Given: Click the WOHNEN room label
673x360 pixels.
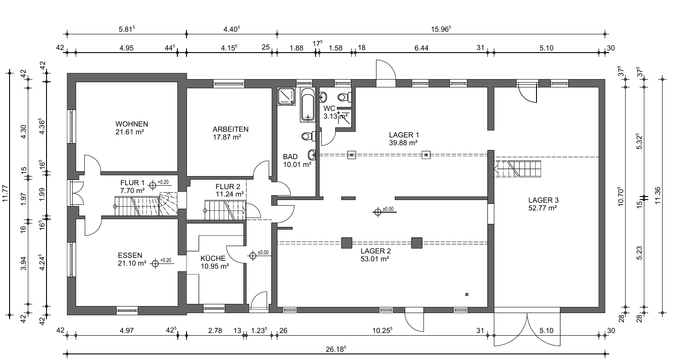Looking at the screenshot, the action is click(x=132, y=124).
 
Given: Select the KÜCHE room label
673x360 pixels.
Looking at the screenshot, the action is click(x=213, y=258).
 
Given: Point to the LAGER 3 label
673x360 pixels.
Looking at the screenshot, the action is click(x=543, y=200).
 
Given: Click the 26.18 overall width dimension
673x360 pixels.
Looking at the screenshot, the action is click(x=336, y=349).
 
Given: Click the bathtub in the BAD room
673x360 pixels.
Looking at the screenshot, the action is click(x=308, y=105).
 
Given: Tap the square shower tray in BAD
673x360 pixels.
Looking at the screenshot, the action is click(x=287, y=96).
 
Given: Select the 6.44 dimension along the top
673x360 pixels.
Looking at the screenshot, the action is click(x=421, y=48).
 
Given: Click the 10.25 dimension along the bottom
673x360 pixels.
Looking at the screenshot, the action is click(x=382, y=330).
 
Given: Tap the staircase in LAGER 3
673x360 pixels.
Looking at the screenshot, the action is click(x=518, y=169).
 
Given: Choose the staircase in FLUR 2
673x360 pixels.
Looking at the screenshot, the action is click(x=226, y=210).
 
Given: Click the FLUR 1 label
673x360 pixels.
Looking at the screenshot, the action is click(x=133, y=183).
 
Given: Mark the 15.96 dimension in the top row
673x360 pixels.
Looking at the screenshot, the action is click(x=441, y=29).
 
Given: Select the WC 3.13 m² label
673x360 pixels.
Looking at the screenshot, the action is click(x=335, y=112).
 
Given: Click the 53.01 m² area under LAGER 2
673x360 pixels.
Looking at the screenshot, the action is click(x=375, y=259).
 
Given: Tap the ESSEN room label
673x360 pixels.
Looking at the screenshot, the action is click(x=130, y=255).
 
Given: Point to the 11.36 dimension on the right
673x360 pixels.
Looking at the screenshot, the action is click(x=658, y=196).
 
